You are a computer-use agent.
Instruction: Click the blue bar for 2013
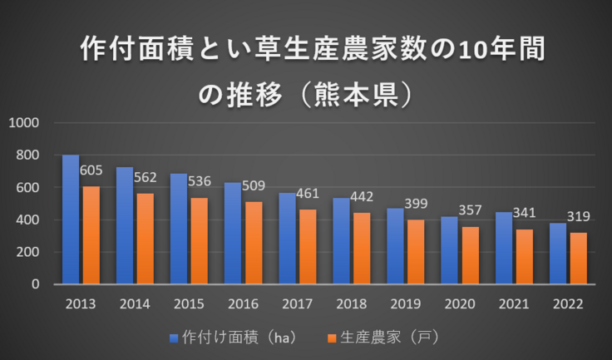tap(71, 219)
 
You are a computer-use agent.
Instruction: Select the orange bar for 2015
tap(199, 240)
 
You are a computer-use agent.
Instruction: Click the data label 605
tap(91, 170)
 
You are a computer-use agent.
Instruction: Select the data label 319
tap(579, 217)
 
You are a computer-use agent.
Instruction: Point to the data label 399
tap(416, 204)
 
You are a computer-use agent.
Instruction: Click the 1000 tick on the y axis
tap(24, 123)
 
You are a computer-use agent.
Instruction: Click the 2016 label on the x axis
tap(243, 304)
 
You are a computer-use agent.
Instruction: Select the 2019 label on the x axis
tap(405, 304)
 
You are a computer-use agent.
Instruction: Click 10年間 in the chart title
tap(502, 50)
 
